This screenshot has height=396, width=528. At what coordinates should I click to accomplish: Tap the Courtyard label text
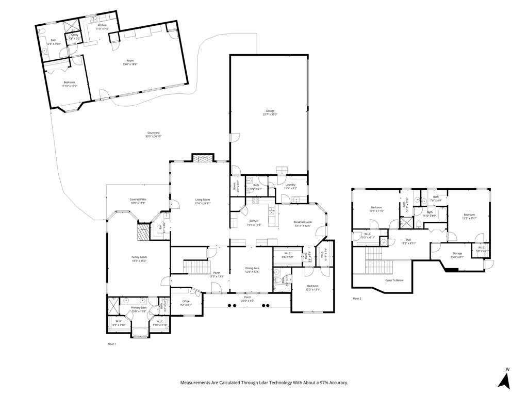click(153, 135)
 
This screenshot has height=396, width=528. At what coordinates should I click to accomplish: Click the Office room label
click(186, 303)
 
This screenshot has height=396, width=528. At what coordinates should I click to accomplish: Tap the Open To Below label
click(394, 280)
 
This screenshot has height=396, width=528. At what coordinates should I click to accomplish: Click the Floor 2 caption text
click(357, 299)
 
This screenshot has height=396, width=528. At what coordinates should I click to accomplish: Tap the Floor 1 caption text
click(111, 343)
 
